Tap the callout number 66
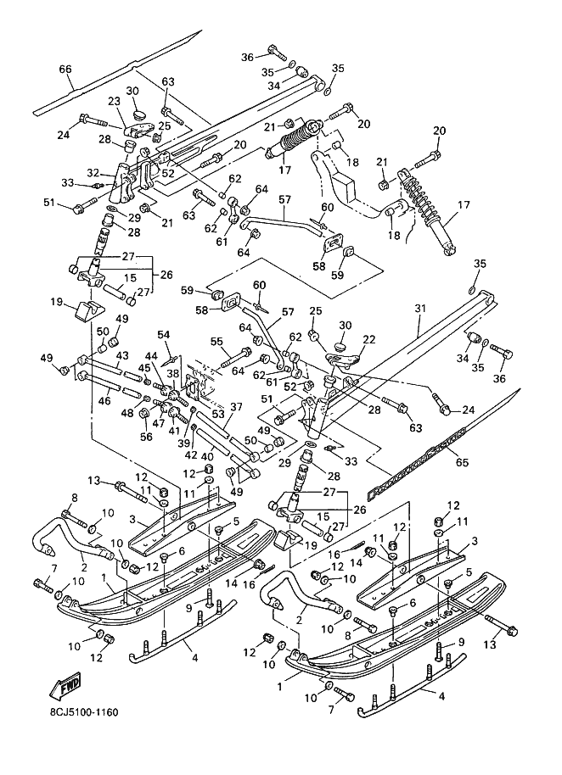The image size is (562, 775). pos(65,70)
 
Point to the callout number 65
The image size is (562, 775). pos(463,462)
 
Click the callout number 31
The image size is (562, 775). pos(419,309)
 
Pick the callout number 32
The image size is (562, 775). pos(93,172)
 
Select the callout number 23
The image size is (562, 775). pos(114,101)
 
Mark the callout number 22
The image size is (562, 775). pos(369,339)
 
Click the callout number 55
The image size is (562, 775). pos(217,341)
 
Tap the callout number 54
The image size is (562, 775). pos(163,335)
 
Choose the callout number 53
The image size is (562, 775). pos(218,413)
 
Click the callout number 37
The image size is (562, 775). pos(237,407)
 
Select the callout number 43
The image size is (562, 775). pos(121,355)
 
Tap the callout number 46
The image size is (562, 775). pos(104,400)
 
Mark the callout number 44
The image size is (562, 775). pos(151,356)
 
